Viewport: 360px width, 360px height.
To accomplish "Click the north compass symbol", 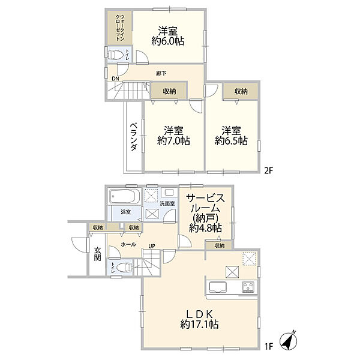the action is (x=289, y=340).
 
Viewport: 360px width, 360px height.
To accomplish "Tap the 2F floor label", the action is (x=268, y=171).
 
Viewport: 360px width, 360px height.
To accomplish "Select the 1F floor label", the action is (x=268, y=346).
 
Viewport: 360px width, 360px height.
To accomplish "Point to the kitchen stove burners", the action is (x=248, y=287).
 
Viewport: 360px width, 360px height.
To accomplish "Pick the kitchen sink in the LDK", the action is (x=217, y=287).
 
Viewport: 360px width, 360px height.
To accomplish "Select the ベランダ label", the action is (x=134, y=137).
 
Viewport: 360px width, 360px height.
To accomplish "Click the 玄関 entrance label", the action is (x=98, y=254).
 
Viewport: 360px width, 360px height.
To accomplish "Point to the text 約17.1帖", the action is (x=199, y=325).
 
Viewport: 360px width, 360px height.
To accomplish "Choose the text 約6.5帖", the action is (x=231, y=140).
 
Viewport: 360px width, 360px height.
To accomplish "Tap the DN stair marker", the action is (x=115, y=79).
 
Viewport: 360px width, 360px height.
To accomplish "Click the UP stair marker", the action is (x=152, y=247).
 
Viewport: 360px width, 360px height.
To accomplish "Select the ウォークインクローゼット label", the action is (x=120, y=28).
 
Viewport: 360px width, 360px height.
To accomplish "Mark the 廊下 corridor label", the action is (x=161, y=73).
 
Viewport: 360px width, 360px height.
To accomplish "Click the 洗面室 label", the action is (x=167, y=203).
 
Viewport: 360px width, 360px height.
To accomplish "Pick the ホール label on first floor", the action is (x=128, y=245).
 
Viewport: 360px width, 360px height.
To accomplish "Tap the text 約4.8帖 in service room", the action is (x=205, y=228).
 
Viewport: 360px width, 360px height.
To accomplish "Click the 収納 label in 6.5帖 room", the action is (x=241, y=92).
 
